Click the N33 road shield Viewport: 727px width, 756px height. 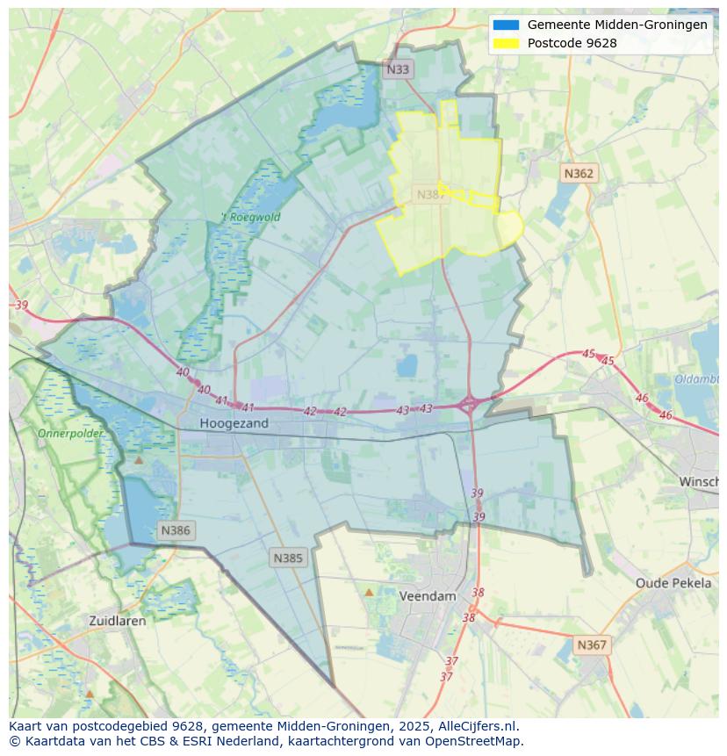tap(398, 69)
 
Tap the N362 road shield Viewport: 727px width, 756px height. tap(578, 174)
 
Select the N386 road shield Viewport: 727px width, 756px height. tap(176, 530)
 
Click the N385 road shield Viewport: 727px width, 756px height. tap(288, 558)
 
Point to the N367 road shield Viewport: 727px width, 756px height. tap(591, 644)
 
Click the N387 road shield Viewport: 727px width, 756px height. tap(430, 195)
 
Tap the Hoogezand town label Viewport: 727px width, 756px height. tap(234, 423)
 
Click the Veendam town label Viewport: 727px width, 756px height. tap(428, 595)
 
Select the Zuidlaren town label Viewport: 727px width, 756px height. tap(118, 620)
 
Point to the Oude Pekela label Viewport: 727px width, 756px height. tap(673, 583)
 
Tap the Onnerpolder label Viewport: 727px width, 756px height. tap(70, 433)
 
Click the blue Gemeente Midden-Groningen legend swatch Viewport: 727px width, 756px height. tap(506, 25)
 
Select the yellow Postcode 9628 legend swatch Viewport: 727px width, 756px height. tap(506, 43)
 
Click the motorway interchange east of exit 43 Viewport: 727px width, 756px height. tap(469, 404)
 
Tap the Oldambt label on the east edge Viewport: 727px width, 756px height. tap(696, 379)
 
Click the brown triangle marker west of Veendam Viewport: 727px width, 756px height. tap(369, 593)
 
